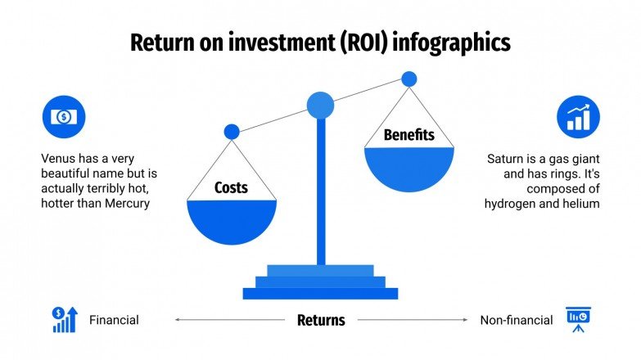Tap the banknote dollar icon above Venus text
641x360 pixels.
tap(63, 117)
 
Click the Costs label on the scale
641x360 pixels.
tap(231, 188)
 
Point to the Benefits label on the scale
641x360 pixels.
tap(409, 135)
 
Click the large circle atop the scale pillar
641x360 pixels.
tap(320, 105)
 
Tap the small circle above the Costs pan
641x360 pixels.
tap(232, 131)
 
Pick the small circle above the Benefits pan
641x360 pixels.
tap(409, 79)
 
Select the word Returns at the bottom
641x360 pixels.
tap(320, 320)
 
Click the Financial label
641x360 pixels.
tap(114, 320)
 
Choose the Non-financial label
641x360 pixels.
tap(517, 320)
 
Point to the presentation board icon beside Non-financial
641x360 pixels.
tap(579, 320)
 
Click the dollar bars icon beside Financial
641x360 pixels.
tap(65, 320)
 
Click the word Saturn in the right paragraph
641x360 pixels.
tap(507, 160)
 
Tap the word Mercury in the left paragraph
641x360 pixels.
tap(127, 203)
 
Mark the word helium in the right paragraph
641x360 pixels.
tap(581, 203)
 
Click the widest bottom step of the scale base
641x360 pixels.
tap(320, 293)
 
